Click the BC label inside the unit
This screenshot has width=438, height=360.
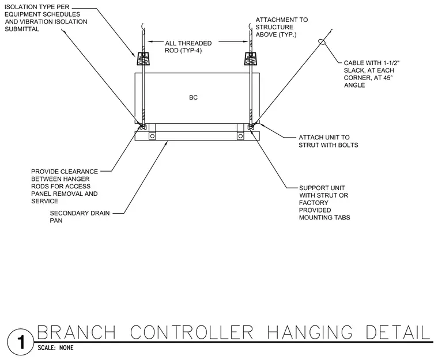pyautogui.click(x=193, y=97)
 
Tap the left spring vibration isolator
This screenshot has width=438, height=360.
pyautogui.click(x=144, y=58)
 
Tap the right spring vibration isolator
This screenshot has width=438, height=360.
pyautogui.click(x=251, y=58)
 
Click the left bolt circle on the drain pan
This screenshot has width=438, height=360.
pyautogui.click(x=152, y=137)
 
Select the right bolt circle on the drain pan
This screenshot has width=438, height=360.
pyautogui.click(x=240, y=137)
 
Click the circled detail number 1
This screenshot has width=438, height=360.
pyautogui.click(x=20, y=342)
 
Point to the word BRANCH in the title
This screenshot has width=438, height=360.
pyautogui.click(x=76, y=332)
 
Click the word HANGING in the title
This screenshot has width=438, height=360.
pyautogui.click(x=310, y=332)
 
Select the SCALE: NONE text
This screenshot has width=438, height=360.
pyautogui.click(x=55, y=348)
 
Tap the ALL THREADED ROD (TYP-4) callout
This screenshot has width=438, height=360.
pyautogui.click(x=188, y=47)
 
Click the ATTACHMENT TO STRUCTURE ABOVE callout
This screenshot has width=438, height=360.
pyautogui.click(x=282, y=27)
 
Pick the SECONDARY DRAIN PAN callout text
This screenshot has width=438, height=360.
pyautogui.click(x=80, y=217)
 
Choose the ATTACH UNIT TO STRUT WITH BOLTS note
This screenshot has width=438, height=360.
pyautogui.click(x=328, y=141)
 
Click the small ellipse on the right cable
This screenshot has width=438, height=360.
pyautogui.click(x=322, y=42)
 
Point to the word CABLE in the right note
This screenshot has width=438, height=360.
pyautogui.click(x=353, y=63)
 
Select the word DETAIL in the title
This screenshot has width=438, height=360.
pyautogui.click(x=398, y=332)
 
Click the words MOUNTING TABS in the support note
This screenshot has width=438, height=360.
pyautogui.click(x=324, y=218)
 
